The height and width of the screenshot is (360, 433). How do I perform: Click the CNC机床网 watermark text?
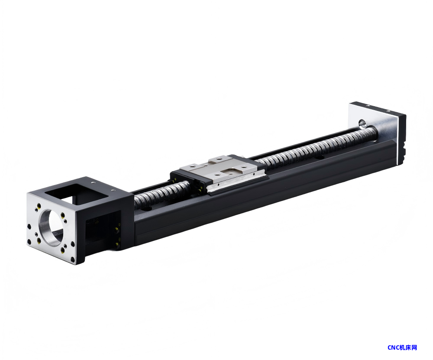point(402,347)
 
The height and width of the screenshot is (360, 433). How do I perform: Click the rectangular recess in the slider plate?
point(229,172)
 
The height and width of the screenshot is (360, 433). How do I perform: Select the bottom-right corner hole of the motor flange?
point(73,259)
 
